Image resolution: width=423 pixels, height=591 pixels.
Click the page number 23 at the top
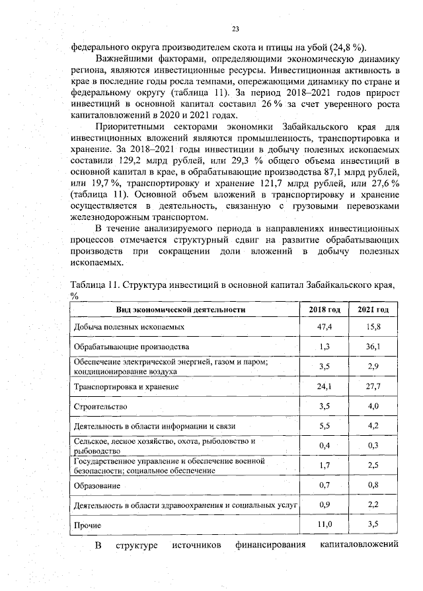click(x=235, y=28)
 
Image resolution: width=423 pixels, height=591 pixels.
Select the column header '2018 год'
click(x=325, y=309)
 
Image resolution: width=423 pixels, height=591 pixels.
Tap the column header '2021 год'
click(x=373, y=309)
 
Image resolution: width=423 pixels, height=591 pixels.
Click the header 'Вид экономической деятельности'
click(x=180, y=309)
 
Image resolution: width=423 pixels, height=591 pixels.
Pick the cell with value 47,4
click(x=325, y=327)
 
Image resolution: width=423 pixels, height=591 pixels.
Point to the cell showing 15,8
click(x=373, y=327)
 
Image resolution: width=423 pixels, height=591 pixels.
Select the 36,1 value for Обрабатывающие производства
click(x=373, y=347)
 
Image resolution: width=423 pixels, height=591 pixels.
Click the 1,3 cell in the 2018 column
click(x=325, y=347)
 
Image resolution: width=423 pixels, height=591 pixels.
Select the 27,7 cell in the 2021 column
click(x=373, y=386)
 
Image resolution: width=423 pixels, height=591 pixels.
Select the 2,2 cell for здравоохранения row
click(x=373, y=505)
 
